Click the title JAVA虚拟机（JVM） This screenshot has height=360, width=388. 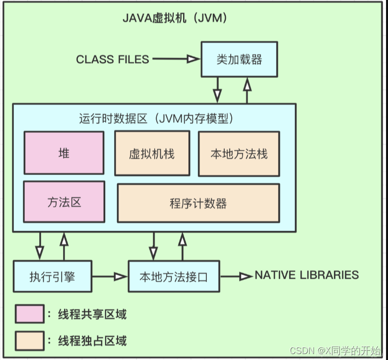tap(175, 19)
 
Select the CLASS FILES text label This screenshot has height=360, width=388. tap(113, 60)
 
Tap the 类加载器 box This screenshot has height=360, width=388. tap(239, 60)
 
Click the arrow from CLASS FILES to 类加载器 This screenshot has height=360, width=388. tap(175, 60)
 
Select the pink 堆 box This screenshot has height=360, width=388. tap(64, 153)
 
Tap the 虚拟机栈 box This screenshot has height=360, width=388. tap(152, 153)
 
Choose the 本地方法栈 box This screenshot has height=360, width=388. tap(239, 153)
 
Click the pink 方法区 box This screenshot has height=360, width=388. tap(64, 201)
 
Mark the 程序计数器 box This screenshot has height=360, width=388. tap(198, 203)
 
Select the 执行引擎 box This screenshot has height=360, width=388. tap(52, 276)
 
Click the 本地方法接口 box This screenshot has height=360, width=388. tap(174, 276)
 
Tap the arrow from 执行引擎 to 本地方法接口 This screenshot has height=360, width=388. tap(110, 276)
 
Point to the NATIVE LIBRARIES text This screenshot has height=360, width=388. tap(306, 275)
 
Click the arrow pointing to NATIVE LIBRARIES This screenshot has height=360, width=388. tap(236, 276)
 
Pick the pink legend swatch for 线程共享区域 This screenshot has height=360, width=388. tap(29, 314)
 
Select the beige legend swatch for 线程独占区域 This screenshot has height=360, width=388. tap(29, 341)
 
